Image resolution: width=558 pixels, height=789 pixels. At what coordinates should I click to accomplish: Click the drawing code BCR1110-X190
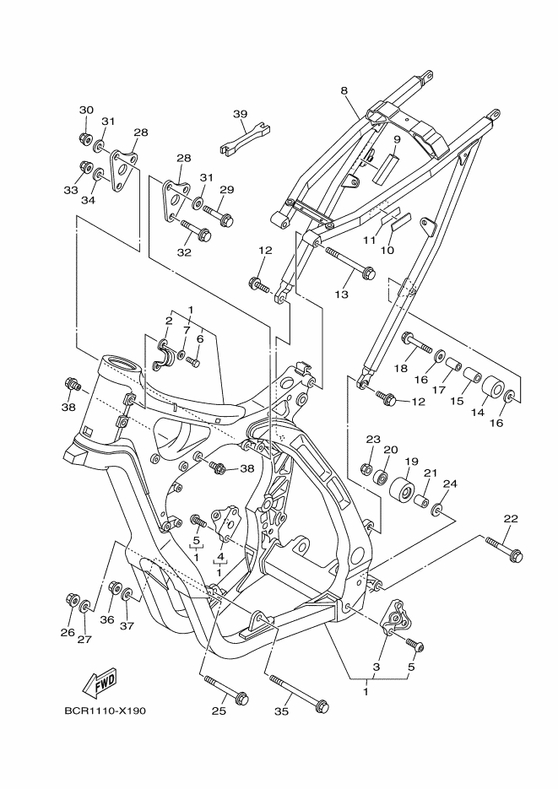pyautogui.click(x=105, y=711)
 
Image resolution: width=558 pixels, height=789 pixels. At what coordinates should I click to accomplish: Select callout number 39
pyautogui.click(x=240, y=114)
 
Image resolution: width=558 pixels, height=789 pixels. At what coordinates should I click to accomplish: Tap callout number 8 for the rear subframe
pyautogui.click(x=344, y=89)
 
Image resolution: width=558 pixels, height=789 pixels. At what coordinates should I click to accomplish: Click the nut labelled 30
pyautogui.click(x=84, y=138)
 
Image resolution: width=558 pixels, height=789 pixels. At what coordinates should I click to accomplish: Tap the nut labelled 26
pyautogui.click(x=73, y=600)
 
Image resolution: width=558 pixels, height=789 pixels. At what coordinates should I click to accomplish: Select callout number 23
pyautogui.click(x=372, y=440)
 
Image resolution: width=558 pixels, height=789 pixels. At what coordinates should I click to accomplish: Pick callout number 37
pyautogui.click(x=126, y=626)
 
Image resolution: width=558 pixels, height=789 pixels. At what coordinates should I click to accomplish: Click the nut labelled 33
pyautogui.click(x=84, y=166)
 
